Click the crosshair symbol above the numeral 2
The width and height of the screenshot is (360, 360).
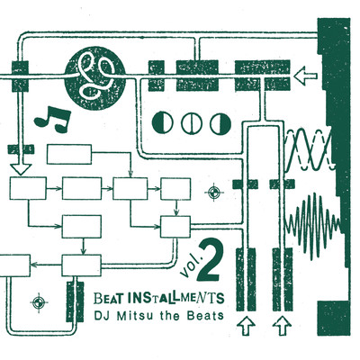click(213, 191)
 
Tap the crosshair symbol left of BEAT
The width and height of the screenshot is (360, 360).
click(38, 301)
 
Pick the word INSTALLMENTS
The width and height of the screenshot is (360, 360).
click(176, 295)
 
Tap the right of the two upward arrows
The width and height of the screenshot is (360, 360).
click(282, 322)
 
